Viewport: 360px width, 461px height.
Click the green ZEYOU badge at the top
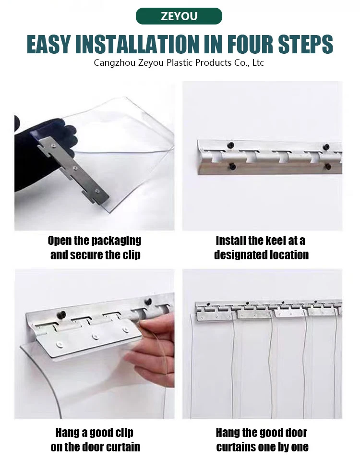[x=179, y=16]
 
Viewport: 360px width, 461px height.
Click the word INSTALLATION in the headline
[x=137, y=44]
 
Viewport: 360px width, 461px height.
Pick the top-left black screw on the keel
[x=231, y=145]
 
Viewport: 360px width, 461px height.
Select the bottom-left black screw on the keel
[x=232, y=167]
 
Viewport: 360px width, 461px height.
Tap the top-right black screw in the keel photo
[x=326, y=146]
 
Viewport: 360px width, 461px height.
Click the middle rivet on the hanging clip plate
[x=95, y=336]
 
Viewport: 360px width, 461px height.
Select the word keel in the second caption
[x=276, y=241]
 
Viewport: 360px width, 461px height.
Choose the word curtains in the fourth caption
[x=236, y=447]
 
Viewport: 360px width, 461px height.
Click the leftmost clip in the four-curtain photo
[x=216, y=313]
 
